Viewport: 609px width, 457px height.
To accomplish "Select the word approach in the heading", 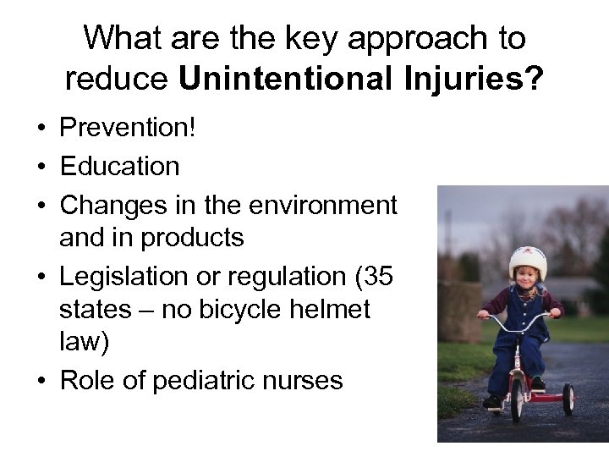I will click(x=397, y=37).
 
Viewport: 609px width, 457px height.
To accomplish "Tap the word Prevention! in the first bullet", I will click(x=128, y=129).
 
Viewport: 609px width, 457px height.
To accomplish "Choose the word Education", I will click(x=119, y=166).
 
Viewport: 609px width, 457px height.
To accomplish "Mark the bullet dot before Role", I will click(x=40, y=382).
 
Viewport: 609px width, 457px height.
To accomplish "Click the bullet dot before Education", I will click(x=40, y=167).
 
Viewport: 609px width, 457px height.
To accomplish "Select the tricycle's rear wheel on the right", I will click(x=568, y=399).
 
